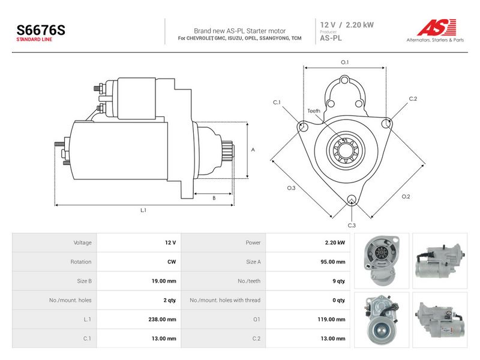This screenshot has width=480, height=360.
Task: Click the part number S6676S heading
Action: pos(41,30)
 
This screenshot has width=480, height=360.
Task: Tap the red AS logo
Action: pos(437,27)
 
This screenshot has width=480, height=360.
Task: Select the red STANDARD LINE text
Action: pos(34,40)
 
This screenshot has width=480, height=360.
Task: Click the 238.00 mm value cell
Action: pos(162,319)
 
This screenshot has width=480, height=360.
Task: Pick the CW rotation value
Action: pos(172,262)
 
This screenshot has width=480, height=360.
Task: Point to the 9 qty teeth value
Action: pos(339,281)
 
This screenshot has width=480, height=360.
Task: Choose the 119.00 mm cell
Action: pos(332,319)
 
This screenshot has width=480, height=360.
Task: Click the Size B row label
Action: pos(85,281)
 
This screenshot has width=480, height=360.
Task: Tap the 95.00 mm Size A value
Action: pos(333,262)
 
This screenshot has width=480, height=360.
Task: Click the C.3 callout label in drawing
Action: pos(352,226)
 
